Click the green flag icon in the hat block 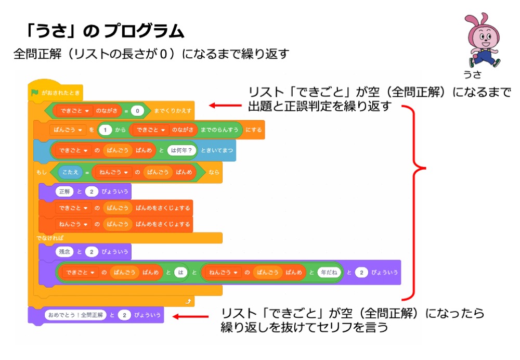35,94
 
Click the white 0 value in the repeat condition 137,111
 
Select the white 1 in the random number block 106,130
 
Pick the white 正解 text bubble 64,191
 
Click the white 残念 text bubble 64,252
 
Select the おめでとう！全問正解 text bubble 75,315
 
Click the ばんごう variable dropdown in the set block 68,130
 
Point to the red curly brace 419,203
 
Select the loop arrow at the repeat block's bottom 187,301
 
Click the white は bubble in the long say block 180,273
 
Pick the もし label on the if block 41,172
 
